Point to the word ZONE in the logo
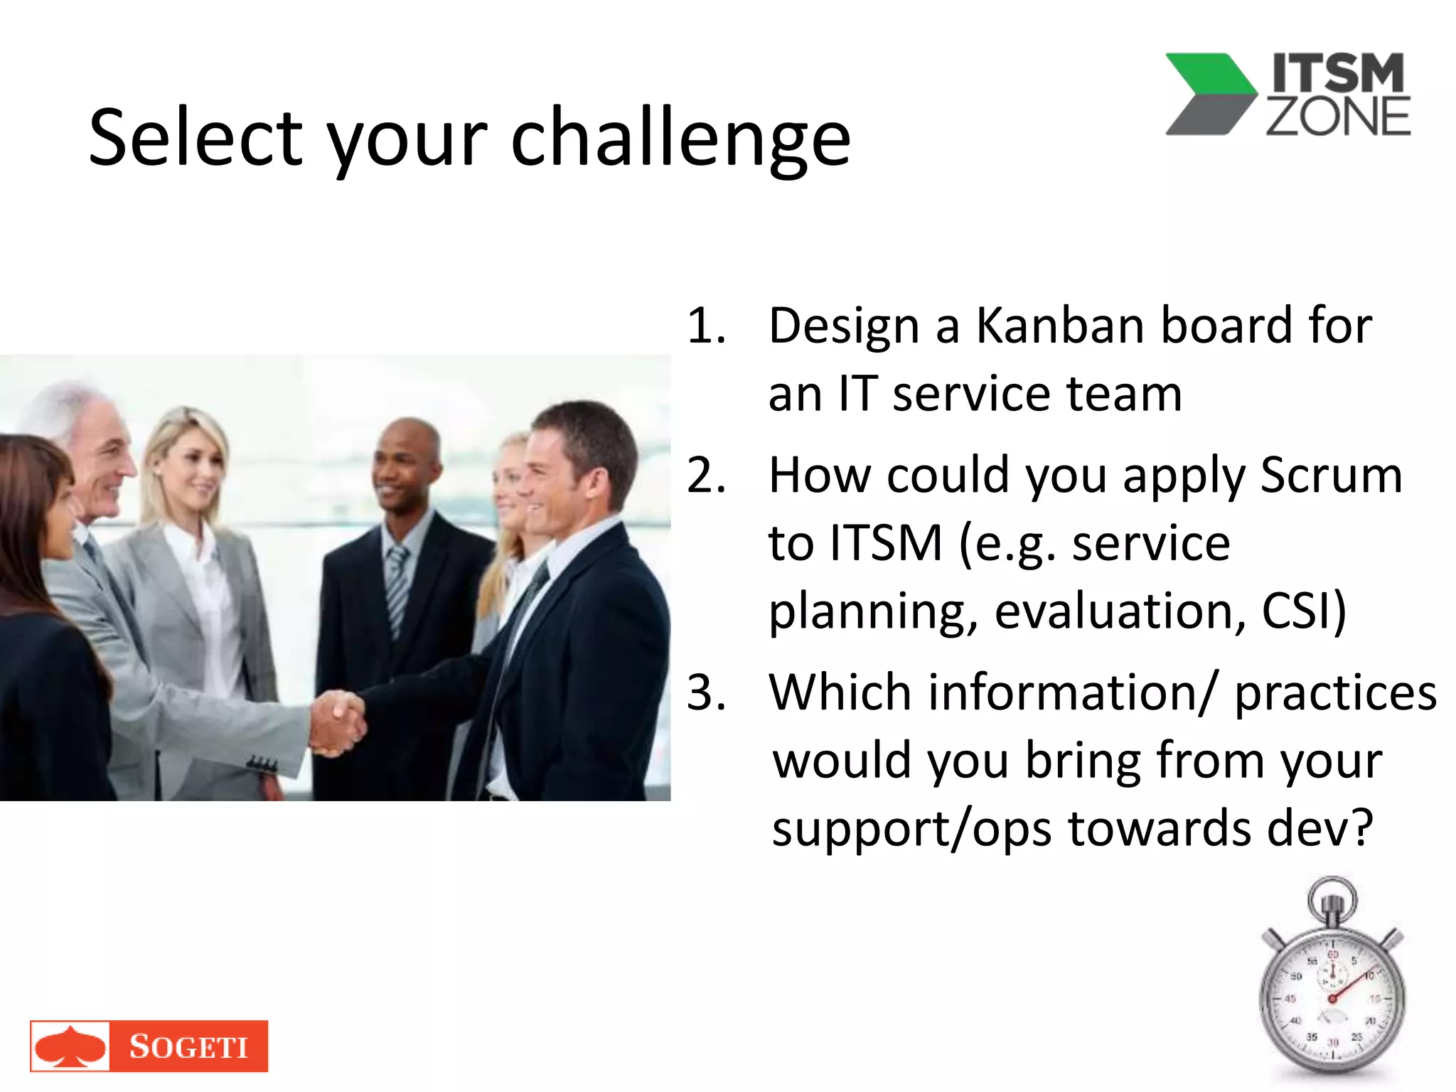[x=1338, y=117]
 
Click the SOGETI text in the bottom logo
[x=188, y=1046]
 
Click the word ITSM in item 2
[x=886, y=543]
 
